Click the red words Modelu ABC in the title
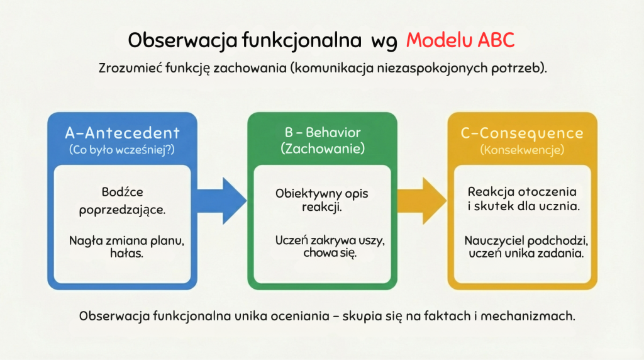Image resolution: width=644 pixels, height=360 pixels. click(460, 40)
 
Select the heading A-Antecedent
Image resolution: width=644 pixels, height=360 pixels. click(123, 133)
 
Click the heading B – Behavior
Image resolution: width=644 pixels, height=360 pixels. click(323, 132)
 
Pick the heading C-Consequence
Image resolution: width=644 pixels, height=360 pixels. click(522, 133)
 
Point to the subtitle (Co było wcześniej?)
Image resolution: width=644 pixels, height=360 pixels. click(122, 150)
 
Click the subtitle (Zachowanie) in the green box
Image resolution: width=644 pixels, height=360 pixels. click(323, 149)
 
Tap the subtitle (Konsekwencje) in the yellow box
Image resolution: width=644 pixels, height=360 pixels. click(522, 150)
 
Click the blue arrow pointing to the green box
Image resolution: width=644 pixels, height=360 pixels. click(222, 201)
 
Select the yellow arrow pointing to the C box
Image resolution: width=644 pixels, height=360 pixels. click(422, 201)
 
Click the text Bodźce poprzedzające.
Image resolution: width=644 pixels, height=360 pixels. click(123, 201)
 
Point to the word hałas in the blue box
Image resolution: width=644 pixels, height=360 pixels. click(126, 253)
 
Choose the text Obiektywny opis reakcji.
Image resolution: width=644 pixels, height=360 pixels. click(322, 200)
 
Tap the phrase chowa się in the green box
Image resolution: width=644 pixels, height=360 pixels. click(330, 253)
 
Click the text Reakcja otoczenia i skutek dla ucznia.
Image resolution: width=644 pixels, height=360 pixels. click(523, 198)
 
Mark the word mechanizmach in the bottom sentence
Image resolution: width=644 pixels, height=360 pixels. click(528, 316)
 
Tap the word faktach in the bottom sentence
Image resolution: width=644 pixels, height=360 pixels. click(447, 316)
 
